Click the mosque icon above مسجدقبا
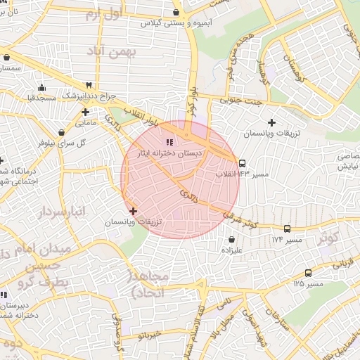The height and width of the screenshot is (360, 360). pyautogui.click(x=41, y=88)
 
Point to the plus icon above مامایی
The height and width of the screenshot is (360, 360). pyautogui.click(x=85, y=111)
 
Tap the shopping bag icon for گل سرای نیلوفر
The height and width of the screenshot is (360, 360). pyautogui.click(x=62, y=131)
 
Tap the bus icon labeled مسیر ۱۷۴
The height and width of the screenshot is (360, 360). pyautogui.click(x=287, y=229)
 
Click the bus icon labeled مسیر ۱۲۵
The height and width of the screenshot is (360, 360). pyautogui.click(x=308, y=273)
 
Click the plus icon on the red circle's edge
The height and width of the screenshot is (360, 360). pyautogui.click(x=133, y=211)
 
